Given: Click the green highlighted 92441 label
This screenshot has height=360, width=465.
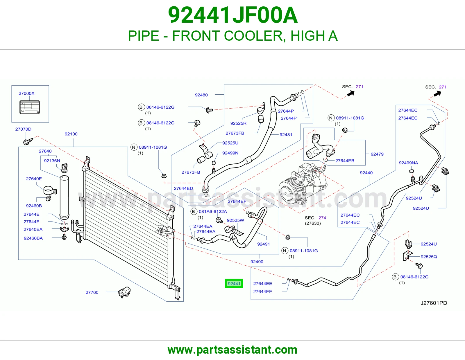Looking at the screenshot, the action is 234,283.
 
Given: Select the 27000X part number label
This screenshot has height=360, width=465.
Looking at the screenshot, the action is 26,93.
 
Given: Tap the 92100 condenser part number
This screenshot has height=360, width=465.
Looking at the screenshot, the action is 71,134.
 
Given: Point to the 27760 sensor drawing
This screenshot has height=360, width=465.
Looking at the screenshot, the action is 124,292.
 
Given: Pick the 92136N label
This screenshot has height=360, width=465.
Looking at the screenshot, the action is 52,161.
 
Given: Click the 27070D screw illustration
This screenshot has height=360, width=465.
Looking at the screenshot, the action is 28,141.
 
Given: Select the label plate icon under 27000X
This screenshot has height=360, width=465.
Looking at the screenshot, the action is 30,107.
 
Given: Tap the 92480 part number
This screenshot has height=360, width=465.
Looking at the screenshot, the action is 201,95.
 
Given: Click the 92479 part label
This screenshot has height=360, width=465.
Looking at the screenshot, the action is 377,154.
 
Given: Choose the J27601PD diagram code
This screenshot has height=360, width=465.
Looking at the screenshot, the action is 434,303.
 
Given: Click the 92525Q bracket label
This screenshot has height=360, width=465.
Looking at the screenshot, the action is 429,257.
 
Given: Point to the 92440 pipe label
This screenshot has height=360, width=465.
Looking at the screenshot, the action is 366,173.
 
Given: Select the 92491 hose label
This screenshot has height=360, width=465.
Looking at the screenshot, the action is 263,244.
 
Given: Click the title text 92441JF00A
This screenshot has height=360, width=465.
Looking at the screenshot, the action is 233,15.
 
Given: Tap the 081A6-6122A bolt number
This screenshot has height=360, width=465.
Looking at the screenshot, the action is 213,212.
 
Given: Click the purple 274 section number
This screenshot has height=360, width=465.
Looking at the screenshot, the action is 322,218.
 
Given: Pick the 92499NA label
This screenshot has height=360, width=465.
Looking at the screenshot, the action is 408,163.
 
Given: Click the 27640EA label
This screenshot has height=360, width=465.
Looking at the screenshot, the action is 33,229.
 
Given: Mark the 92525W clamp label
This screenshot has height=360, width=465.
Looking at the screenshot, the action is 235,220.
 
